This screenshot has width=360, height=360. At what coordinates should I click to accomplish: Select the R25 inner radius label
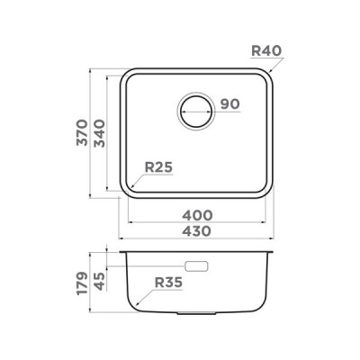click(158, 166)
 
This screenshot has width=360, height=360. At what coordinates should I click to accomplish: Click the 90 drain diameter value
click(229, 105)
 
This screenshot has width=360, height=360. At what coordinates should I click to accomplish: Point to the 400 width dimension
click(197, 215)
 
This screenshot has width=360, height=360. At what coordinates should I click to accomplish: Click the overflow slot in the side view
click(197, 266)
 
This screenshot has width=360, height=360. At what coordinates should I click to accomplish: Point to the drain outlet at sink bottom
click(197, 315)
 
